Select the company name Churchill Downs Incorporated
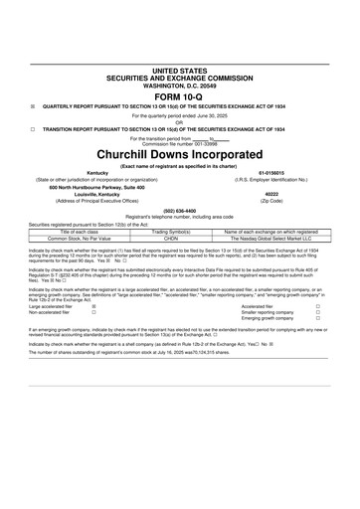(x=179, y=156)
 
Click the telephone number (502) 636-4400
(x=179, y=210)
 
